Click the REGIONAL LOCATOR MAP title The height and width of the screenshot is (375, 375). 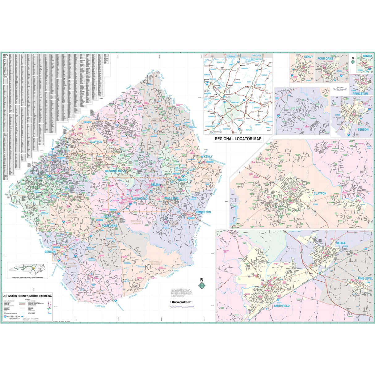238,139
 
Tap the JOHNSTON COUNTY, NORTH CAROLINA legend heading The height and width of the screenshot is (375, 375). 27,296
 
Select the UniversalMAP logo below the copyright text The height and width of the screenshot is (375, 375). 181,301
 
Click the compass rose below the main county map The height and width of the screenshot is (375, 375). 202,285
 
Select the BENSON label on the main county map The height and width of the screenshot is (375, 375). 50,252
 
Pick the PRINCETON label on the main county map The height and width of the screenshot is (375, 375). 203,212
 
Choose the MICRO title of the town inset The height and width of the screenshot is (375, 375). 367,56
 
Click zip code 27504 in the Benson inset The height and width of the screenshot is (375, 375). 337,114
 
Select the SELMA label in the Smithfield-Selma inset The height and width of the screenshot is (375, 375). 340,243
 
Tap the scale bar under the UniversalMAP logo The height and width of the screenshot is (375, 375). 182,307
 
